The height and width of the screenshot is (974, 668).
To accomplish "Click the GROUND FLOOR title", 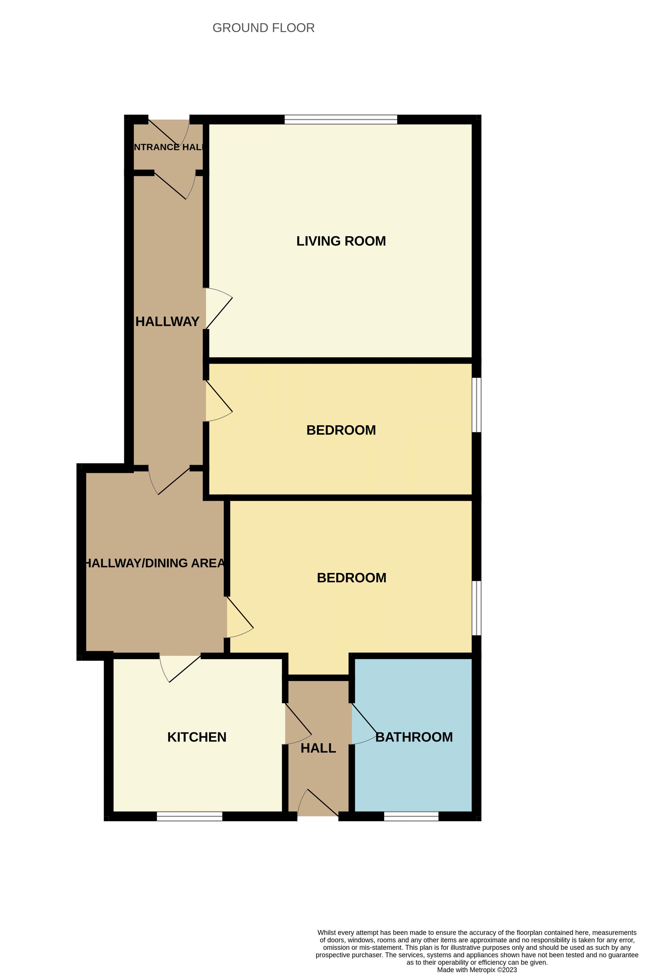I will pyautogui.click(x=263, y=28).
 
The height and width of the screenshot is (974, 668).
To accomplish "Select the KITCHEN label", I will pyautogui.click(x=197, y=737).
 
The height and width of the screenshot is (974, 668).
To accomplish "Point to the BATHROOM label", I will pyautogui.click(x=414, y=737).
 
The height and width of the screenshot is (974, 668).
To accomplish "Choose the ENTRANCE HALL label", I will pyautogui.click(x=168, y=147).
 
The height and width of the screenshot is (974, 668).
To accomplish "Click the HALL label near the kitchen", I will pyautogui.click(x=318, y=748).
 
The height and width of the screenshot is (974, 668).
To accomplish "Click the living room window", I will pyautogui.click(x=341, y=119).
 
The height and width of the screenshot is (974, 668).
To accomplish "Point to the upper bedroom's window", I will pyautogui.click(x=477, y=405).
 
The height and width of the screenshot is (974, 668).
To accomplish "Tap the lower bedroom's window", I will pyautogui.click(x=477, y=608).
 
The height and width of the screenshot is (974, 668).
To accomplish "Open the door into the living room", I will pyautogui.click(x=218, y=309).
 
